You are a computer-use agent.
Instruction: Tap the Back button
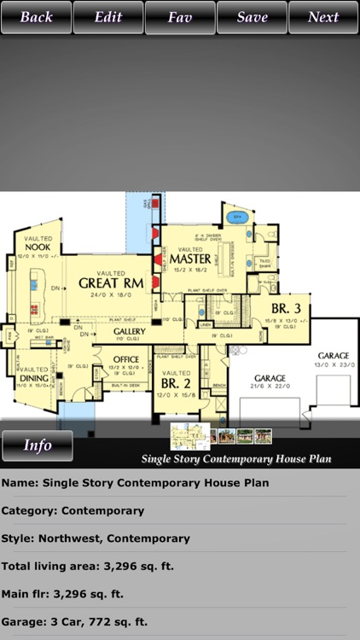pyautogui.click(x=36, y=17)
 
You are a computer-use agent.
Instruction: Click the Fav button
pyautogui.click(x=180, y=17)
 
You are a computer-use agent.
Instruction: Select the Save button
pyautogui.click(x=252, y=17)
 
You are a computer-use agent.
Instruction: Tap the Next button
pyautogui.click(x=323, y=17)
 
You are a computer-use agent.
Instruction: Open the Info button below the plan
pyautogui.click(x=37, y=445)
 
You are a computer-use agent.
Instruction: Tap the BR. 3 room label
pyautogui.click(x=285, y=308)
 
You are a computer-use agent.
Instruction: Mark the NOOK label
pyautogui.click(x=37, y=247)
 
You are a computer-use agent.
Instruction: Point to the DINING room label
pyautogui.click(x=33, y=378)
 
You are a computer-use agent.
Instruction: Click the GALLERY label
pyautogui.click(x=129, y=331)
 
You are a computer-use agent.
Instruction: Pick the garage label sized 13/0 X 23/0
pyautogui.click(x=333, y=355)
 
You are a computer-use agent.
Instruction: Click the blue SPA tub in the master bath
pyautogui.click(x=238, y=218)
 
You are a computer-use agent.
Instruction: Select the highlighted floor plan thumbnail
pyautogui.click(x=189, y=435)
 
